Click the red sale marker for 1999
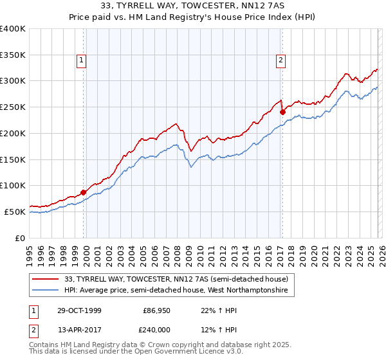84,192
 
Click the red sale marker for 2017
282,112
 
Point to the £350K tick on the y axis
13,55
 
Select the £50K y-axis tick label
15,212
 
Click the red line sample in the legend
46,278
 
